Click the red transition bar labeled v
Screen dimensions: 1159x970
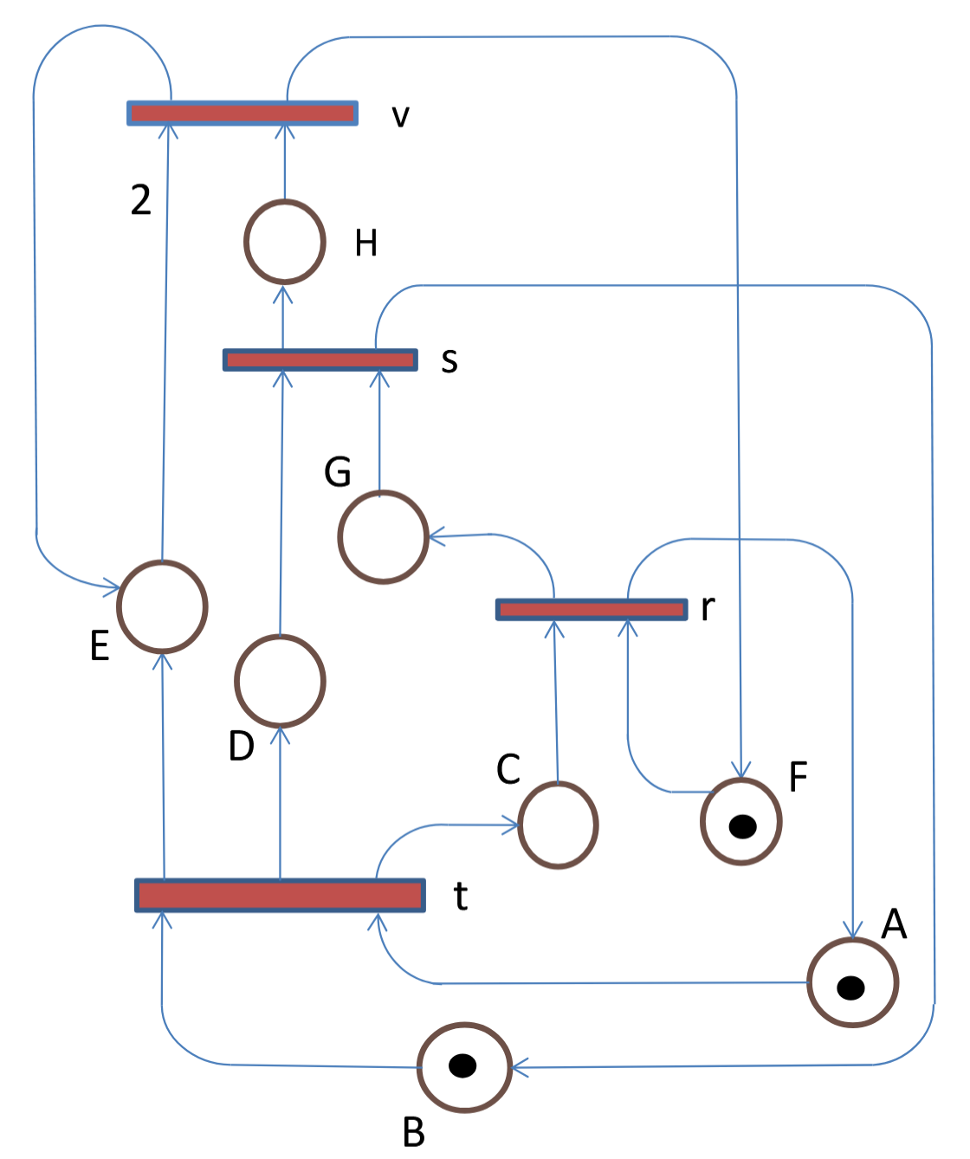point(242,113)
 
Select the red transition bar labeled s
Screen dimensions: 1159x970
point(320,359)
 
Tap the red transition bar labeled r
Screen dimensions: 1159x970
point(592,609)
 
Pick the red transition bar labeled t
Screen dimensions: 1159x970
point(280,895)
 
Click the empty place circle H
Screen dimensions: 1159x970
point(285,242)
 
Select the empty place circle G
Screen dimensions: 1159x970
point(383,537)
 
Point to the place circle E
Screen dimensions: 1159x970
point(162,606)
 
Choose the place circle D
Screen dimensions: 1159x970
point(280,681)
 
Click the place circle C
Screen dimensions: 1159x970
point(559,825)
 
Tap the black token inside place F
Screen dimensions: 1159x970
point(743,826)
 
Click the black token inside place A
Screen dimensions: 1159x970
point(850,987)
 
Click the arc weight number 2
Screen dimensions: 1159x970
point(140,200)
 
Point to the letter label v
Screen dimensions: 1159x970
point(400,116)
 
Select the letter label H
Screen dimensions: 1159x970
point(366,243)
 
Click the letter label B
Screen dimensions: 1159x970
point(414,1132)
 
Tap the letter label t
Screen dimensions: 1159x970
point(461,896)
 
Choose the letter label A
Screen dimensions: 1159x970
point(894,924)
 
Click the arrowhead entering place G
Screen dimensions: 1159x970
point(436,537)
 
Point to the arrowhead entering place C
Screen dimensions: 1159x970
point(511,826)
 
